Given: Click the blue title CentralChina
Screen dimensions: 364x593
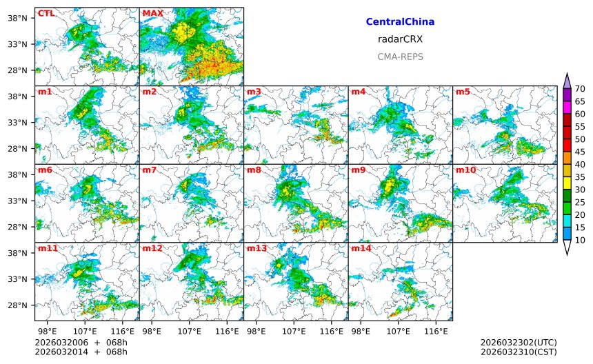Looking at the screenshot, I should [x=400, y=22].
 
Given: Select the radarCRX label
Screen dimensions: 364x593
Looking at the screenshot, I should [x=400, y=39].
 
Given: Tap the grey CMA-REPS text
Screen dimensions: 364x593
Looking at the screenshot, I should [x=400, y=57].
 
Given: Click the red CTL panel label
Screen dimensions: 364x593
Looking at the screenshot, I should [x=46, y=13].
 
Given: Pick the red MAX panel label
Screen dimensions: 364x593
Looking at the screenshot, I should [x=152, y=13].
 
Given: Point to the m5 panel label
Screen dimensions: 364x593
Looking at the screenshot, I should [x=463, y=92].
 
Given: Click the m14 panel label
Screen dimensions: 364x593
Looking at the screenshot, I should [x=361, y=248].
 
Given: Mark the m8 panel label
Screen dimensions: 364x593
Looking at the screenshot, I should [x=254, y=170].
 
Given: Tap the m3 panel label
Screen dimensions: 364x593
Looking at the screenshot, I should [x=254, y=92].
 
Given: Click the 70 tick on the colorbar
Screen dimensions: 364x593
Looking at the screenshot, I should [x=580, y=88].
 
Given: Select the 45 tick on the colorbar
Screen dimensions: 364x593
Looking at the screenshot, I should [x=580, y=152].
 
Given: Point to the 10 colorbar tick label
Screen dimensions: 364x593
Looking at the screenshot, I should [x=580, y=240].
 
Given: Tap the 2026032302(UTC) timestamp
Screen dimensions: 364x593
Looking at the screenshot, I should [x=518, y=343].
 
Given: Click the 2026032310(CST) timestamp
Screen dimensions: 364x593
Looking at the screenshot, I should [x=518, y=352].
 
